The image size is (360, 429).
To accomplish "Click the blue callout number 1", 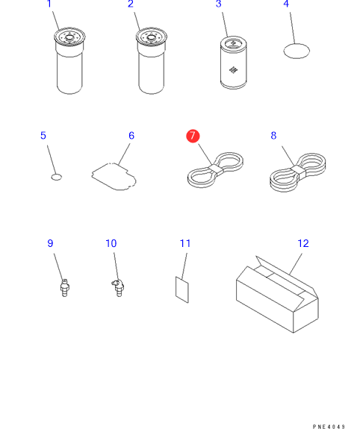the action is point(49,4).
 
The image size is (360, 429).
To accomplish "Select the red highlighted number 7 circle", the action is point(193,136).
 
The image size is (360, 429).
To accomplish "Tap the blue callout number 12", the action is point(303,243).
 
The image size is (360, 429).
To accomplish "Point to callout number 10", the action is point(111,243).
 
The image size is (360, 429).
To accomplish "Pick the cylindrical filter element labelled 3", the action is point(234,63).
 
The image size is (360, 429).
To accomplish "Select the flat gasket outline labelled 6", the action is point(114,177).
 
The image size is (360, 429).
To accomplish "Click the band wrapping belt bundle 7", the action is point(216,169).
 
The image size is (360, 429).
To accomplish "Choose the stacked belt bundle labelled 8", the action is point(298,172).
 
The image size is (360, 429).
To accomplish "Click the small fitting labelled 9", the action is point(65,287).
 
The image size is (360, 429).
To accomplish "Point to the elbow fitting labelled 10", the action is point(118,287).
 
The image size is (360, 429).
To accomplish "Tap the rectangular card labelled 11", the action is point(182,289).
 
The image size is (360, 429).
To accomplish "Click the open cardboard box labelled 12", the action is point(277,294).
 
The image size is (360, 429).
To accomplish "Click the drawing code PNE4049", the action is point(329,426).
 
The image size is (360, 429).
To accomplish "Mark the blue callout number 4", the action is point(286,4).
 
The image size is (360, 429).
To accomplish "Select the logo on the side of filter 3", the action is point(233,70).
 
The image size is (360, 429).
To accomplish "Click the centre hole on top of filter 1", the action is point(69,37).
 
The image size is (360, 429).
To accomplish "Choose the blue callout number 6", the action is point(131,136).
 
